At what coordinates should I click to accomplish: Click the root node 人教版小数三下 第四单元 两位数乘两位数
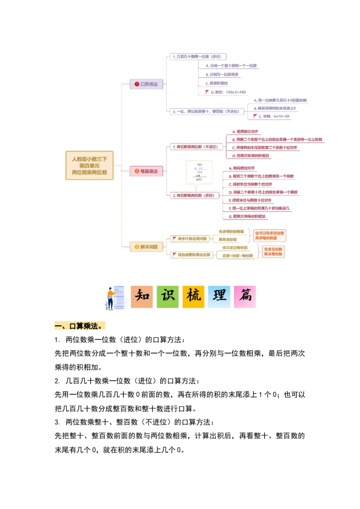pos(90,165)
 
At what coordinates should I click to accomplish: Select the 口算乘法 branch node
pos(147,84)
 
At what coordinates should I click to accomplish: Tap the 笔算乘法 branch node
pos(147,171)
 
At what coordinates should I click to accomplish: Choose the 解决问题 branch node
pos(147,246)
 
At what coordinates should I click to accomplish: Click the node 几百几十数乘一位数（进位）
pos(198,57)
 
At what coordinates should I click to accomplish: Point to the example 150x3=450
pos(229,92)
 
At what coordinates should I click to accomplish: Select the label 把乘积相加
pos(219,83)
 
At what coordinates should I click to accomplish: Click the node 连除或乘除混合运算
pos(191,255)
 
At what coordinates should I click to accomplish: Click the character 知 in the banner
pos(142,297)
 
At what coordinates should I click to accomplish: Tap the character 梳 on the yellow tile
pos(193,297)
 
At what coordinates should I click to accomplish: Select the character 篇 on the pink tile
pos(245,297)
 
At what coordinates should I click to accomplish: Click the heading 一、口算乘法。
pos(81,326)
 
